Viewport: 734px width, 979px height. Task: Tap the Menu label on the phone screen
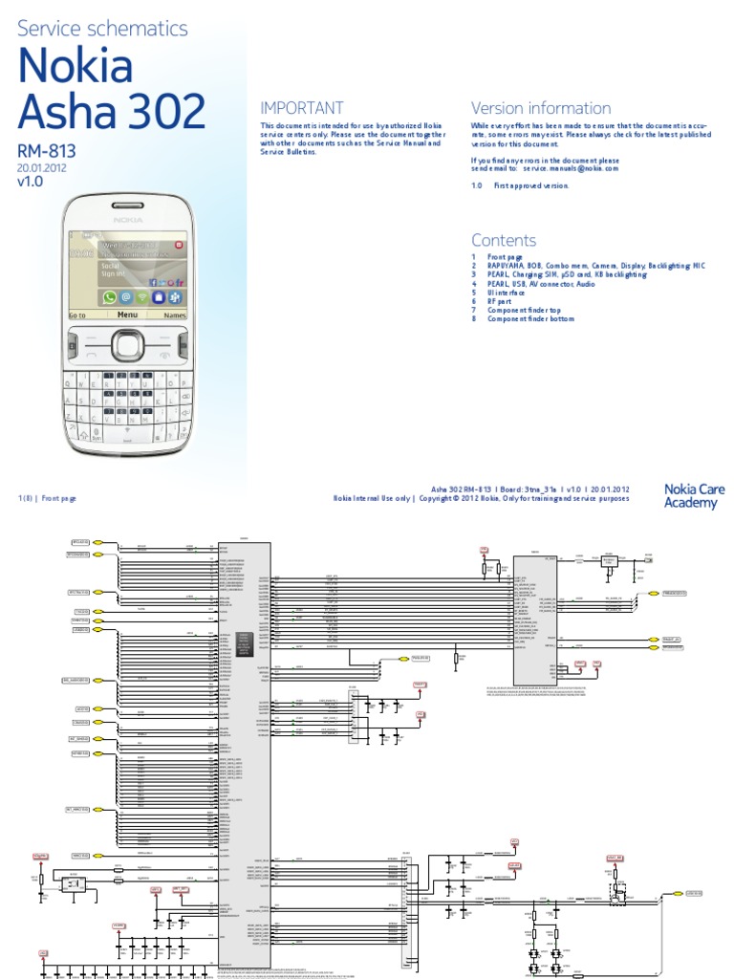[x=127, y=314]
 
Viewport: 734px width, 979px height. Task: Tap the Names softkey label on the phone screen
[x=175, y=315]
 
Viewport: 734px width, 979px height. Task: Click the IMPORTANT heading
[x=302, y=108]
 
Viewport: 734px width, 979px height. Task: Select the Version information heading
[x=541, y=108]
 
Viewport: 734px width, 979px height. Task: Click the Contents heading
[x=504, y=240]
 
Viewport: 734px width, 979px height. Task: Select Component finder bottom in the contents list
[x=531, y=318]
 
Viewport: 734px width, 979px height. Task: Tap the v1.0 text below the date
[x=31, y=182]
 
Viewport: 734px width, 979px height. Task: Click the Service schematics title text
[x=103, y=29]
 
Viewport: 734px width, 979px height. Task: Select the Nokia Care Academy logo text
[x=694, y=496]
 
